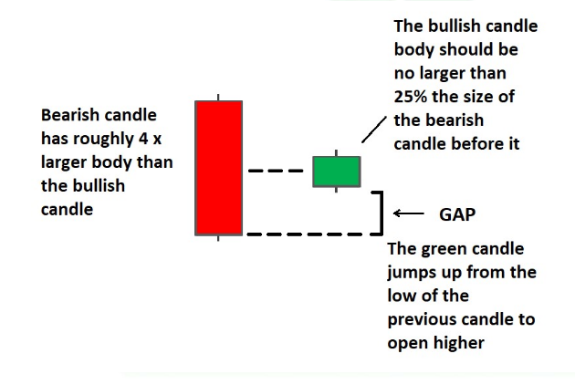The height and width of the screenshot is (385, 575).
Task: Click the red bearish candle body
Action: click(218, 168)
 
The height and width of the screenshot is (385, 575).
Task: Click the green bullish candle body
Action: click(337, 172)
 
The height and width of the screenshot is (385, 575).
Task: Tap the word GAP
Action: click(457, 214)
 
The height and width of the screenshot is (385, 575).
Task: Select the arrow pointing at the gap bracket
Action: click(409, 213)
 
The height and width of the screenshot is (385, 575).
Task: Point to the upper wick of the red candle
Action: click(218, 98)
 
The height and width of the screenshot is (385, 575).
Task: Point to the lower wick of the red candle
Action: click(218, 238)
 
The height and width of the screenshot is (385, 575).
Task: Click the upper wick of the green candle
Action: click(336, 153)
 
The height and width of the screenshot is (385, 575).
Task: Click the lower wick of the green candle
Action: click(336, 190)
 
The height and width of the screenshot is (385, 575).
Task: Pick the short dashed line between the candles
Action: click(276, 171)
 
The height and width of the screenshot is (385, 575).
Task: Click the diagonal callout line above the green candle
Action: click(374, 130)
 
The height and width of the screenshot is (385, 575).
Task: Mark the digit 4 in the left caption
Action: click(143, 139)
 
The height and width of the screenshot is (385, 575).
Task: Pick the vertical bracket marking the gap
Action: click(382, 213)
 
